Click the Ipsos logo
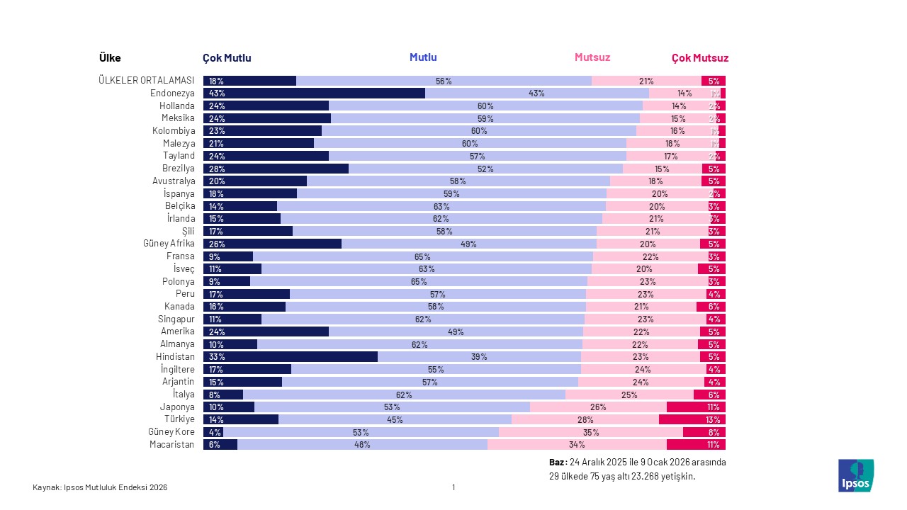855,475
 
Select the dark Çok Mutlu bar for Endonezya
314,93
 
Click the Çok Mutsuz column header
699,58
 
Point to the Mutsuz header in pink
592,57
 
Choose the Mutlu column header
423,57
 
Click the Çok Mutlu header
227,58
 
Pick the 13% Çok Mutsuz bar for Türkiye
692,419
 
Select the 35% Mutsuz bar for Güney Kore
590,432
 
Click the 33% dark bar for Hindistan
290,357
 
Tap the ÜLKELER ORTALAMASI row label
147,81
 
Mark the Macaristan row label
171,445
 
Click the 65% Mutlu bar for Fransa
422,256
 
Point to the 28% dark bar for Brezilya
276,169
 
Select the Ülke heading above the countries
110,58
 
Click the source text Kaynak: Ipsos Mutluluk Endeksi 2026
100,487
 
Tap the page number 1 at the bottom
453,487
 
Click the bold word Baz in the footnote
557,462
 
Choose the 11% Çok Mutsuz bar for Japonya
696,407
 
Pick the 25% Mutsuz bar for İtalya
629,395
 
